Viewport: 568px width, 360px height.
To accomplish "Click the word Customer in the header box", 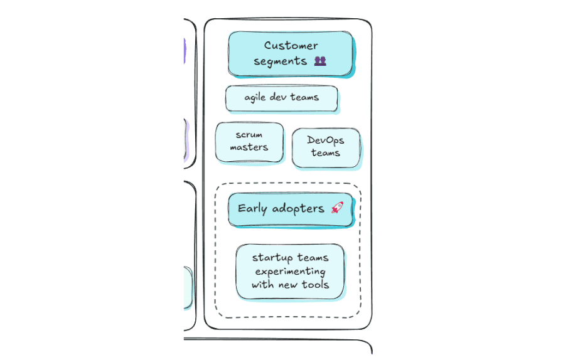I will pyautogui.click(x=291, y=46).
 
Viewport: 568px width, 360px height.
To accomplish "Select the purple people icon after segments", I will pyautogui.click(x=320, y=61).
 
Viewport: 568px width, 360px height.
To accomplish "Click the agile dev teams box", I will pyautogui.click(x=281, y=98).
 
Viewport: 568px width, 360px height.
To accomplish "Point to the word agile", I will pyautogui.click(x=255, y=98).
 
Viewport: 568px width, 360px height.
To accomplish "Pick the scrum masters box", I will pyautogui.click(x=249, y=142).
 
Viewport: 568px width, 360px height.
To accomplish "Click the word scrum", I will pyautogui.click(x=249, y=135).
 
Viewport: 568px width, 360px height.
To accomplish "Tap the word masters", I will pyautogui.click(x=249, y=147).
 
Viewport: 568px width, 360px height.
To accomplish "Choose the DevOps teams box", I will pyautogui.click(x=326, y=147).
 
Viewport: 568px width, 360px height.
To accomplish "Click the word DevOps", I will pyautogui.click(x=326, y=140).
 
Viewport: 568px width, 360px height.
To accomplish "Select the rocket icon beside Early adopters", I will pyautogui.click(x=337, y=208).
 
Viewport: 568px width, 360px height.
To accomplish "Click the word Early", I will pyautogui.click(x=252, y=209).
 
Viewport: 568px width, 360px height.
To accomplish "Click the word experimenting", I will pyautogui.click(x=290, y=272).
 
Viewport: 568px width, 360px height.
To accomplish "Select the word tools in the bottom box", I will pyautogui.click(x=315, y=285).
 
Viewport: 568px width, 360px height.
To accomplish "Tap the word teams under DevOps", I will pyautogui.click(x=326, y=153).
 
